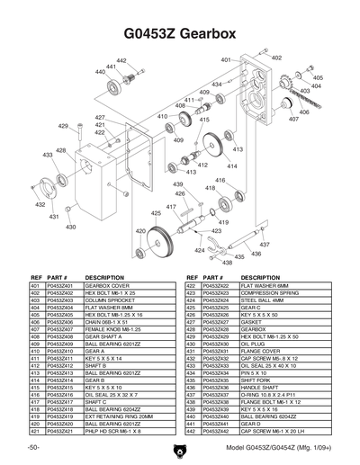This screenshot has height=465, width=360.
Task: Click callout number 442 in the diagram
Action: click(121, 60)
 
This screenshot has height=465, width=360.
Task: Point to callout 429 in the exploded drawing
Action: click(64, 127)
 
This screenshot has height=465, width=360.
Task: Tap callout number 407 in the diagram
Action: click(294, 119)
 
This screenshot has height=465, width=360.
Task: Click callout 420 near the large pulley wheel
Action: click(140, 231)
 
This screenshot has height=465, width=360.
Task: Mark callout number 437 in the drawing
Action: click(265, 244)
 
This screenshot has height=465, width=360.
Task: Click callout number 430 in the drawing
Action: click(70, 227)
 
